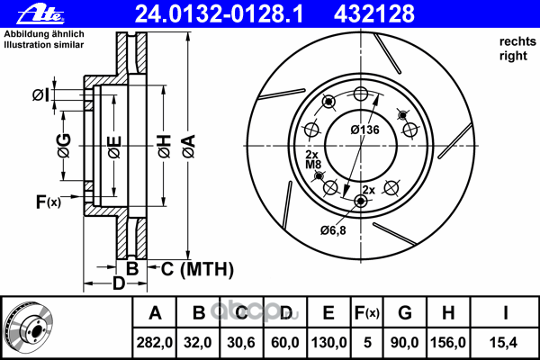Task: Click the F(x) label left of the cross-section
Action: [x=49, y=202]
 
